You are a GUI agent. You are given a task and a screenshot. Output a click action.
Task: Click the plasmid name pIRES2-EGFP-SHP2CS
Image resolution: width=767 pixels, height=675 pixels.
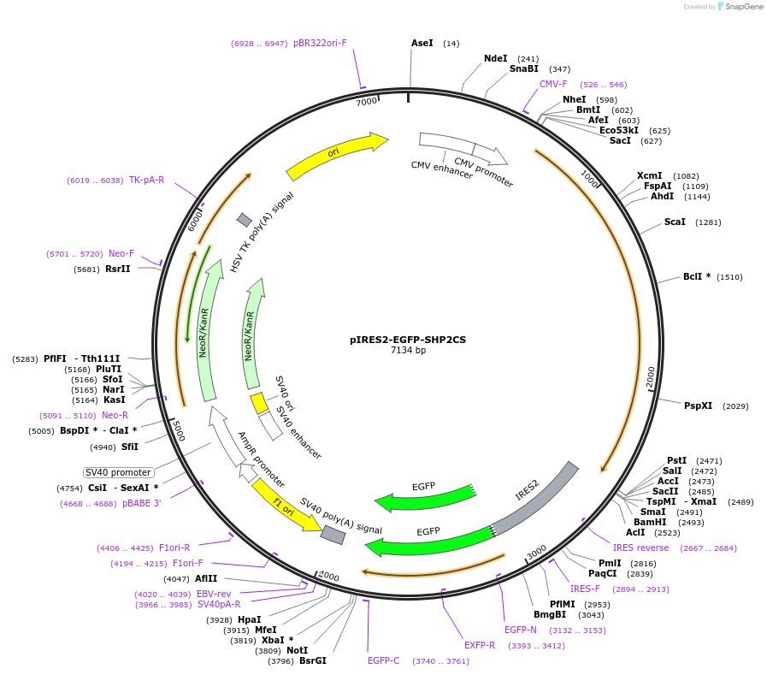pyautogui.click(x=408, y=339)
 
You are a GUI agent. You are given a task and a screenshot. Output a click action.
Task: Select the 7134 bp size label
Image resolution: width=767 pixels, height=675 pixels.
pyautogui.click(x=408, y=350)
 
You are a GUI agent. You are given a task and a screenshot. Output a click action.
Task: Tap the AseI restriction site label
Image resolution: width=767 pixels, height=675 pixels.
pyautogui.click(x=422, y=43)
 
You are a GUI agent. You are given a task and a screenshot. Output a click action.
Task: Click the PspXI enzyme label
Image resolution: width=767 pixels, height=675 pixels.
pyautogui.click(x=698, y=406)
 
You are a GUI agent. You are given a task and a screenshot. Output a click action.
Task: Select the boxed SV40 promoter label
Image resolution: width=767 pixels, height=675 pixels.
pyautogui.click(x=118, y=472)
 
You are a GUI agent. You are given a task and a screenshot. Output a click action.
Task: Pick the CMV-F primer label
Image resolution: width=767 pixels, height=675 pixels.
pyautogui.click(x=553, y=85)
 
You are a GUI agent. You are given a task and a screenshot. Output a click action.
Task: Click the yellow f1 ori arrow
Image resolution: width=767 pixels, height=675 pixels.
pyautogui.click(x=283, y=506)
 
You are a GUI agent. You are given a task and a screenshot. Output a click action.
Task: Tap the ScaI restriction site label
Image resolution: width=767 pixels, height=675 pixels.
pyautogui.click(x=675, y=222)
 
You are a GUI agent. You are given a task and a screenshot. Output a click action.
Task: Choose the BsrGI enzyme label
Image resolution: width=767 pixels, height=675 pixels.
pyautogui.click(x=312, y=660)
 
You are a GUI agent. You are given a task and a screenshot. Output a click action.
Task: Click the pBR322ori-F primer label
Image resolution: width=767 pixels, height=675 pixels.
pyautogui.click(x=320, y=43)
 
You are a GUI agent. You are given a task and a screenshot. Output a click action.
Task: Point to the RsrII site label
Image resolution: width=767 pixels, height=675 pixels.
pyautogui.click(x=118, y=269)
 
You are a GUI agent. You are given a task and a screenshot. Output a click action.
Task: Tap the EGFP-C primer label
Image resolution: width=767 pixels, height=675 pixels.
pyautogui.click(x=384, y=660)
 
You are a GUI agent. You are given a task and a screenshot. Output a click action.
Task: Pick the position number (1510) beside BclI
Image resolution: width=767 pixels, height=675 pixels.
pyautogui.click(x=729, y=277)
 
